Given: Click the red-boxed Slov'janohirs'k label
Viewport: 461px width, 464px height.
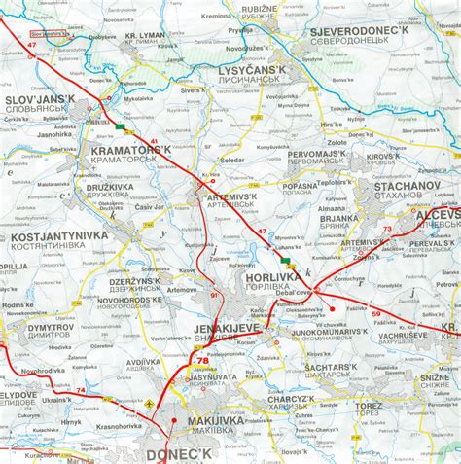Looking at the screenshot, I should pos(50,33).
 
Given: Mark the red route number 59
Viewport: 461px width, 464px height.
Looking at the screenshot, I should pos(375,313).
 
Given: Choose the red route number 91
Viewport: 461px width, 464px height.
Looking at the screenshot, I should pos(214,295).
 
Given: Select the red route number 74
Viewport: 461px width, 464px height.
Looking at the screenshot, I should pos(80,391).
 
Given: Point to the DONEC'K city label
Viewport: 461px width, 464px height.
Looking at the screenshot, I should pos(178,454).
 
